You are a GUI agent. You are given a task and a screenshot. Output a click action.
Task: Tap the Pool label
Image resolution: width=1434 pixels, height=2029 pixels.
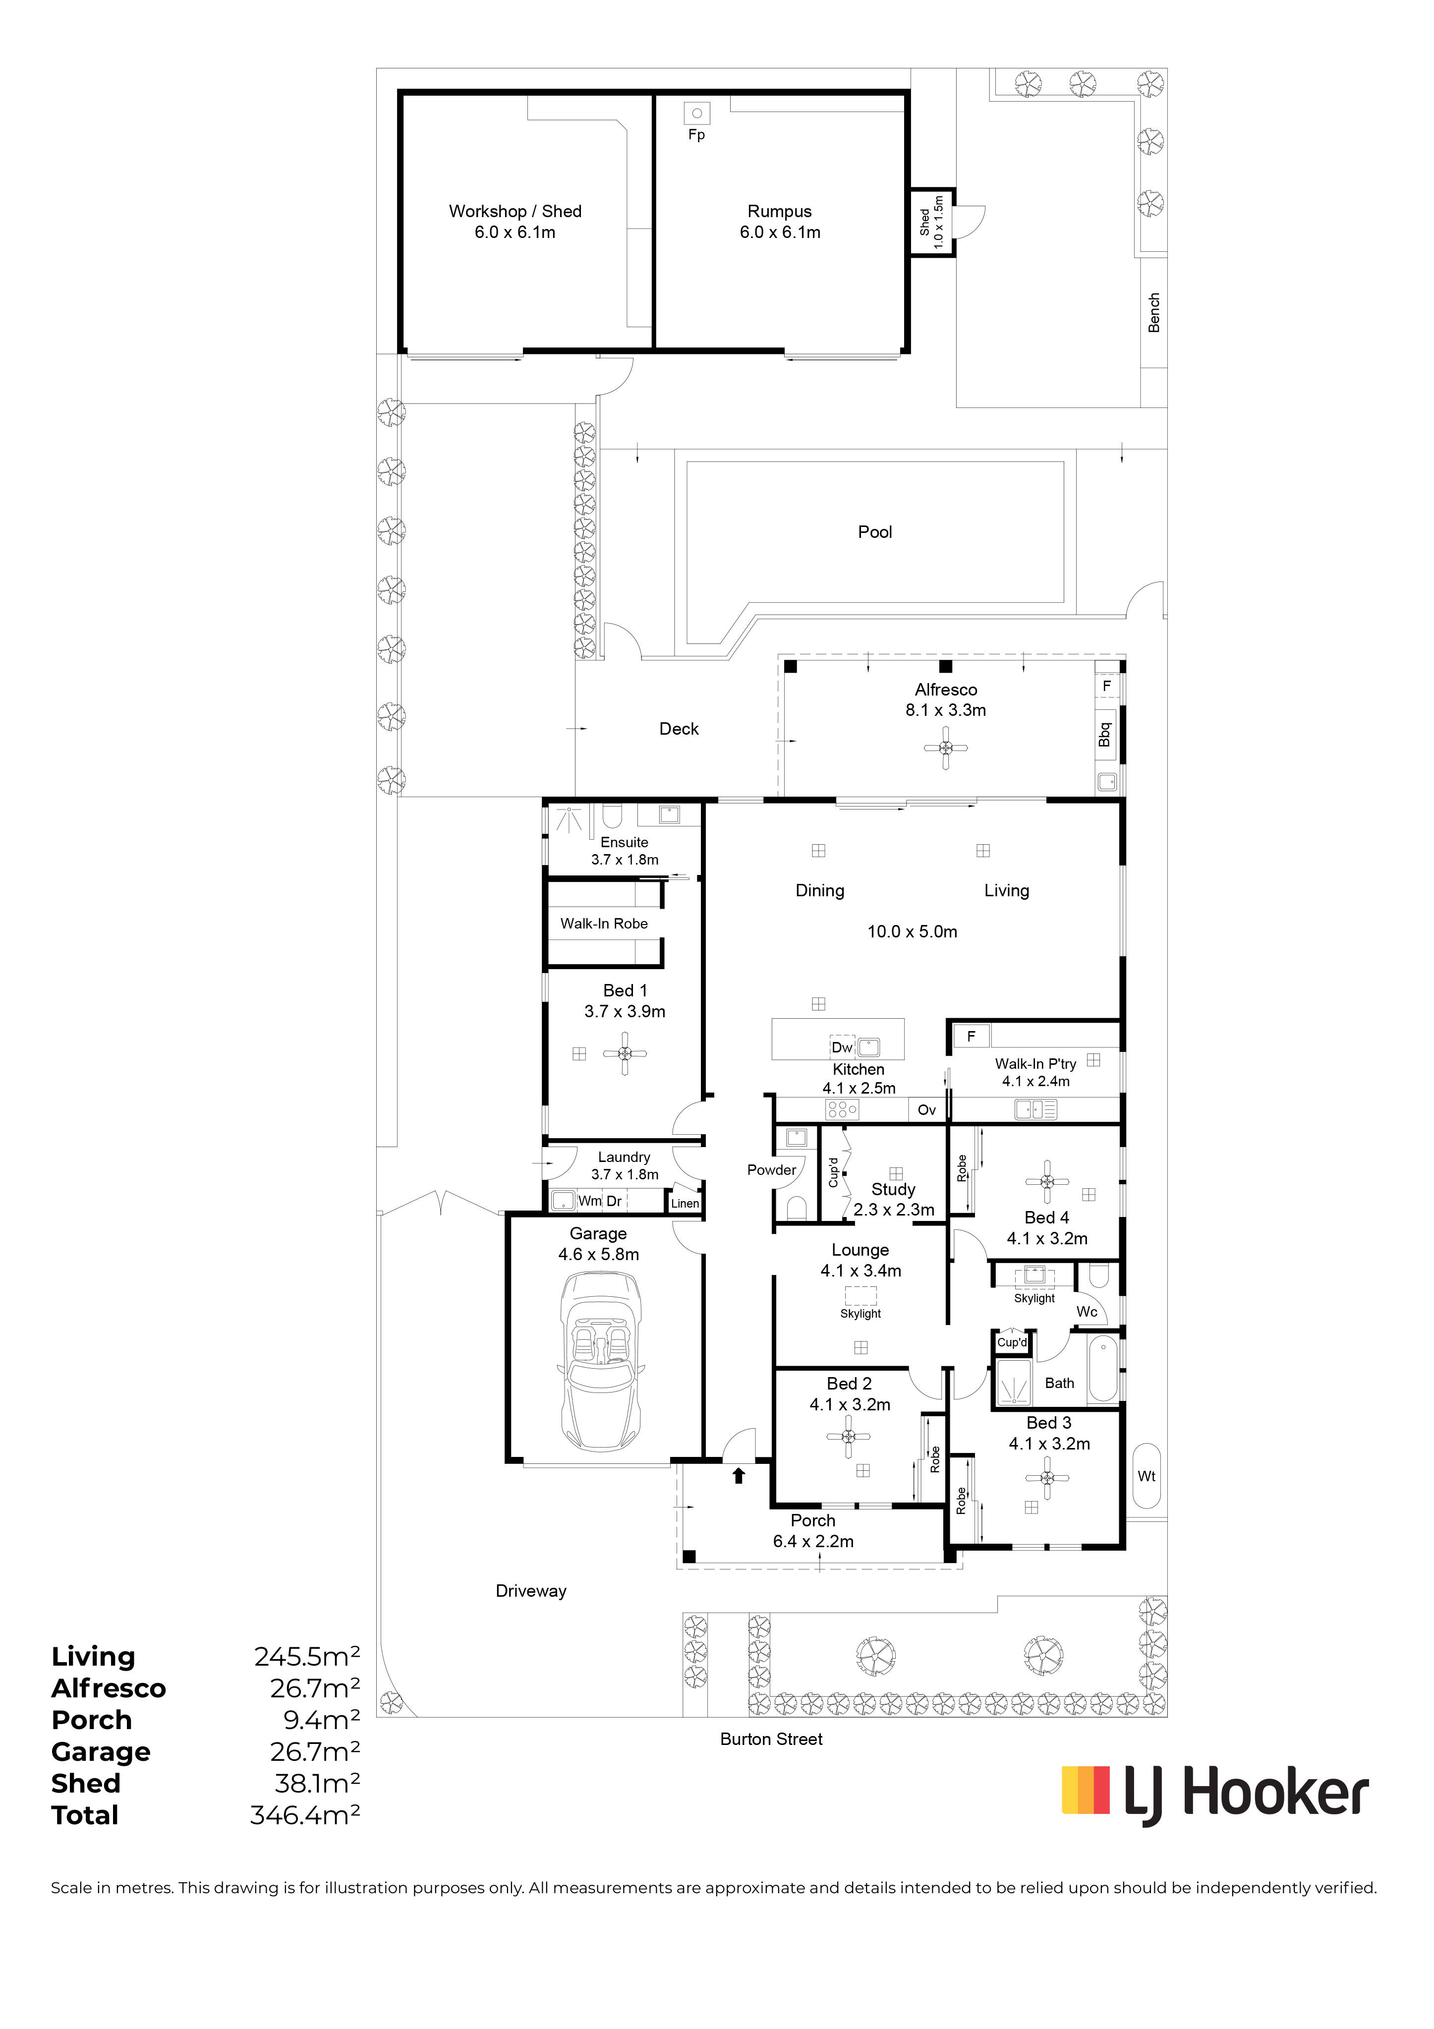[x=875, y=532]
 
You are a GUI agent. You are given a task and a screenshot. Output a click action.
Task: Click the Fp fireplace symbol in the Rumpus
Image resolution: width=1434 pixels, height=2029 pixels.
[x=697, y=113]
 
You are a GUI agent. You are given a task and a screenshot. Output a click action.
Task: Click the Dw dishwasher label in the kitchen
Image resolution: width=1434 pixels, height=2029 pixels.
[x=842, y=1048]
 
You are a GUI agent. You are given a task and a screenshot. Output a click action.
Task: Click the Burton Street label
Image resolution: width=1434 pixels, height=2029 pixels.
[x=771, y=1739]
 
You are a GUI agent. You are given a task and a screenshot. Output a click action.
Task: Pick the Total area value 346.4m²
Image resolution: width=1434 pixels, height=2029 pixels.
[x=305, y=1815]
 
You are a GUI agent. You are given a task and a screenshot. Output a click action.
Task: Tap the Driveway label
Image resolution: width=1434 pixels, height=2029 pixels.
[x=531, y=1591]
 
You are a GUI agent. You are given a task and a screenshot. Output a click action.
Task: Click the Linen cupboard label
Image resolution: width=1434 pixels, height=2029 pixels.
[x=685, y=1204]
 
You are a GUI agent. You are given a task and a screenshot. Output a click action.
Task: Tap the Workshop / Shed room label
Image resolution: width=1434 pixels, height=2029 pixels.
[x=515, y=211]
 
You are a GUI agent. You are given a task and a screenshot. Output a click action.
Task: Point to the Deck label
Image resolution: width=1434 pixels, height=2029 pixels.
[x=679, y=729]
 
